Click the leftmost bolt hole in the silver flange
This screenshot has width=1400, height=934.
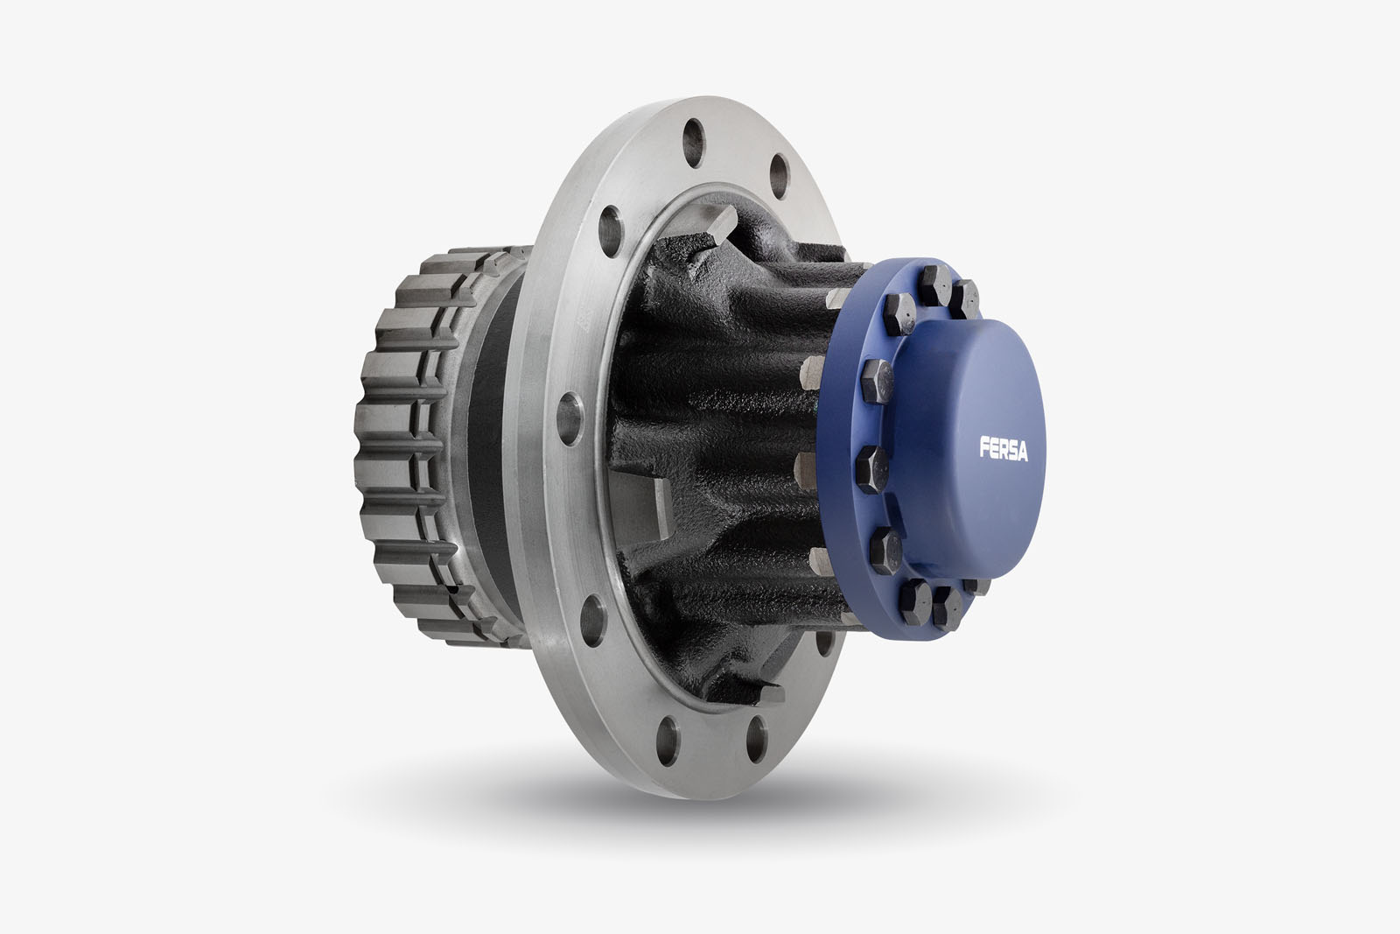[x=570, y=408]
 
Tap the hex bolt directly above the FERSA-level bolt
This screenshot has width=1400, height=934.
[x=875, y=376]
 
